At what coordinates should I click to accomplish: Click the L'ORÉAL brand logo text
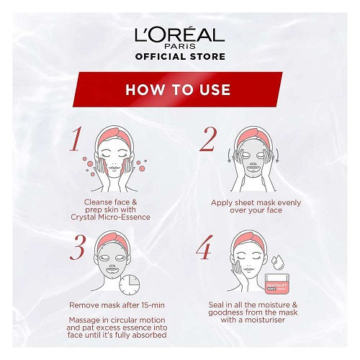point(179,35)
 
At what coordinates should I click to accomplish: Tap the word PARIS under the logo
point(180,46)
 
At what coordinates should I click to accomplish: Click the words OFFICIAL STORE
point(180,57)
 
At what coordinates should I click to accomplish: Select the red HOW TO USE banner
point(178,89)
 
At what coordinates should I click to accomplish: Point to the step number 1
point(76,139)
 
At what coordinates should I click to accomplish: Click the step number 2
point(208,140)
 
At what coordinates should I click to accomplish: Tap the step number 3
point(77,248)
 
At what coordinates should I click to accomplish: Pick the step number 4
point(204,248)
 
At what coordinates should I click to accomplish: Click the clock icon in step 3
point(130,285)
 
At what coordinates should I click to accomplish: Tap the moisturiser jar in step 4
point(277,284)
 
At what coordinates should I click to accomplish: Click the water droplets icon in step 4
point(278,262)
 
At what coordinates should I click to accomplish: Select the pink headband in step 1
point(114,137)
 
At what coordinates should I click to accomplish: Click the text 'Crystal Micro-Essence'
point(110,217)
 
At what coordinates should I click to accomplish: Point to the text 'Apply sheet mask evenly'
point(256,203)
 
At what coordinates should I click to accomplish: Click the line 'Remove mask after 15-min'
point(117,305)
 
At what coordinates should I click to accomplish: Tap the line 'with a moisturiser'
point(253,320)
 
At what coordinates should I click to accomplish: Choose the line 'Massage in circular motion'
point(117,320)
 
